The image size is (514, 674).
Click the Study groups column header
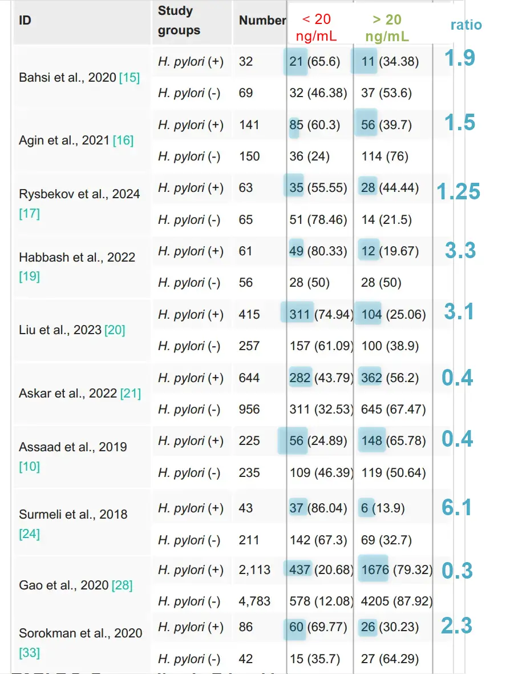pos(179,21)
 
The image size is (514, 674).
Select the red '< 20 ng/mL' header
pos(317,27)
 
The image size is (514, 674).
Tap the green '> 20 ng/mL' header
pos(387,27)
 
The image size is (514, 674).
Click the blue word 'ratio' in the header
pos(466,25)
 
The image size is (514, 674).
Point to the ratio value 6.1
pos(457,507)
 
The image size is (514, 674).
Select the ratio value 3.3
pos(460,250)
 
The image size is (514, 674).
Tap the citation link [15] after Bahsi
pos(129,77)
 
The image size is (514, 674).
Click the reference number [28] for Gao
pos(122,585)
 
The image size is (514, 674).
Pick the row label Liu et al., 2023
pos(60,330)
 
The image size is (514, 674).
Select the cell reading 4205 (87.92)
pos(396,601)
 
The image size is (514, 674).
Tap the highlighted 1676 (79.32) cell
pos(396,570)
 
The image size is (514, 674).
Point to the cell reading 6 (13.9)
pos(382,508)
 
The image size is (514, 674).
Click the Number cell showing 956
pos(249,410)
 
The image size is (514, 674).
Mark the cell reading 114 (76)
pos(385,157)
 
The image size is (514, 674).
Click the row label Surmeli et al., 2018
pos(73,514)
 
